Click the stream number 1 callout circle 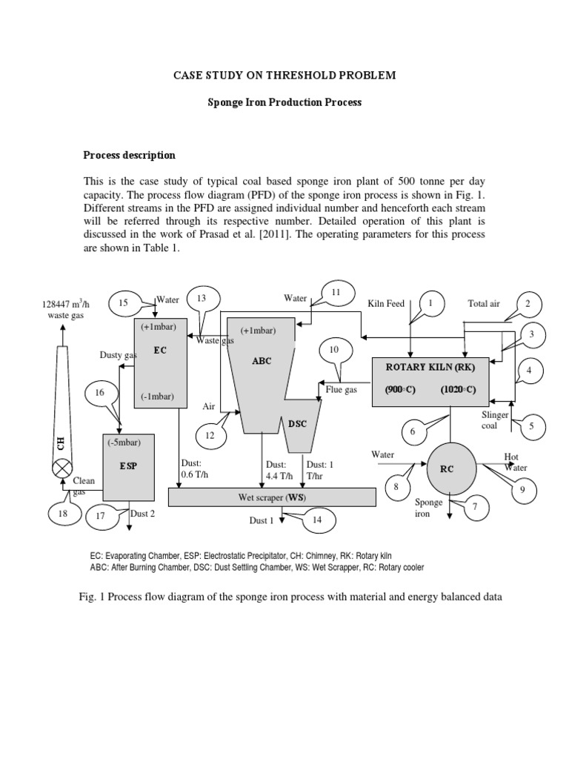430,304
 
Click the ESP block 127,466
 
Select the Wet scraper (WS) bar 272,497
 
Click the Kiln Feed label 386,304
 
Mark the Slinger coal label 495,420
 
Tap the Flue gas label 342,388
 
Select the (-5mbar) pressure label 124,443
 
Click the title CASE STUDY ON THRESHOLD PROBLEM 284,76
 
